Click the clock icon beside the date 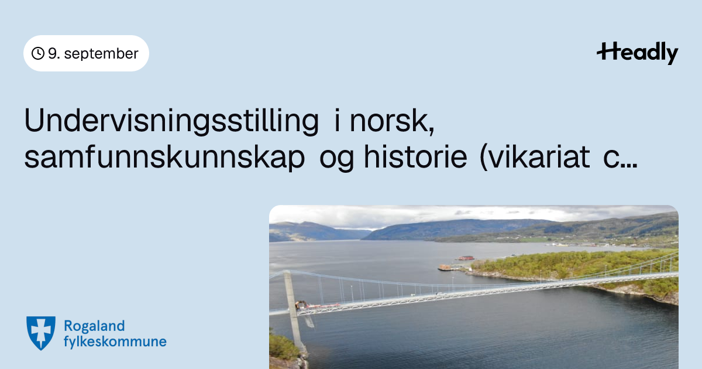38,53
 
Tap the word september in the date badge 101,54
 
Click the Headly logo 638,53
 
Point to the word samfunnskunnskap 164,158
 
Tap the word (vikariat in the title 535,157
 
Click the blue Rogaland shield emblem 41,333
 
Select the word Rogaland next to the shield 94,326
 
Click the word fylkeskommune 115,341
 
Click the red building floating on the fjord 466,258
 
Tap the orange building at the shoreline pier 445,267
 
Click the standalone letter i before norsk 337,121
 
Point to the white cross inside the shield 41,332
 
